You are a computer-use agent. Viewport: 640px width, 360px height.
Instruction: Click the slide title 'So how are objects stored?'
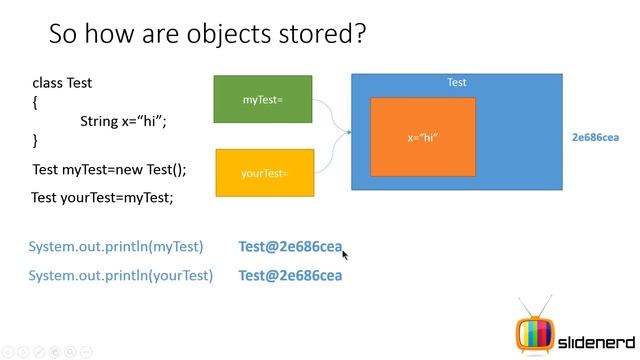click(x=207, y=35)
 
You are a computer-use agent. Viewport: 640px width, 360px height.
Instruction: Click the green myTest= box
click(x=264, y=99)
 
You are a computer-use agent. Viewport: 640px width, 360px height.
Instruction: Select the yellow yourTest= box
click(x=265, y=173)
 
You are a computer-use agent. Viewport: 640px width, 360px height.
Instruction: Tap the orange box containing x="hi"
click(x=423, y=137)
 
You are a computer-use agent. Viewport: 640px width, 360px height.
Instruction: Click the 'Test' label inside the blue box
click(x=456, y=83)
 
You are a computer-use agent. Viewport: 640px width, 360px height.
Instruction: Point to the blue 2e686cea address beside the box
click(x=595, y=137)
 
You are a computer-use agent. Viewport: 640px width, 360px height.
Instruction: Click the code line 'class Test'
click(x=62, y=83)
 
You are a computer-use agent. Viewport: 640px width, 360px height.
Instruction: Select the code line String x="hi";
click(x=123, y=121)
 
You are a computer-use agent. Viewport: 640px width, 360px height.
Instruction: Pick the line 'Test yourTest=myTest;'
click(x=102, y=197)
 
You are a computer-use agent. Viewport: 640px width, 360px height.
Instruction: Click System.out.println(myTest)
click(x=116, y=247)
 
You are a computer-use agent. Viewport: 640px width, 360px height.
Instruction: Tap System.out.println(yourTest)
click(x=120, y=275)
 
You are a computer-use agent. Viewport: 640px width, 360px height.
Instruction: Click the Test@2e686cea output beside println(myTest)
click(x=290, y=247)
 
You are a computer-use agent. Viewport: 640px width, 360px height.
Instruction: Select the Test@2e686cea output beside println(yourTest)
click(x=290, y=275)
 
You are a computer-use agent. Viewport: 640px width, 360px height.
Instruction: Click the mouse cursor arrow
click(x=345, y=254)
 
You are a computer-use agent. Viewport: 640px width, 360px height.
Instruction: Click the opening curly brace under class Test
click(x=35, y=102)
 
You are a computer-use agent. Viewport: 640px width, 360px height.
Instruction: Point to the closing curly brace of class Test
click(x=35, y=140)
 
